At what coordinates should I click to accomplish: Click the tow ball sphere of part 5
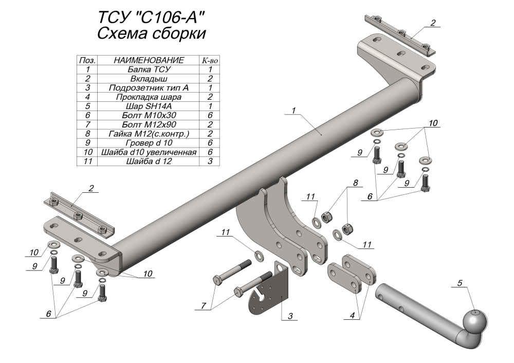point(474,321)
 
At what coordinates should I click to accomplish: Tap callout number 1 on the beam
point(293,110)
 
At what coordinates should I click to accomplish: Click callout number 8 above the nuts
point(355,183)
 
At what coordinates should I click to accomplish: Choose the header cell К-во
point(210,60)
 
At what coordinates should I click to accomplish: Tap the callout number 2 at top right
point(433,23)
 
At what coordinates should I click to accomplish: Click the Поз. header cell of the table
point(88,60)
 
